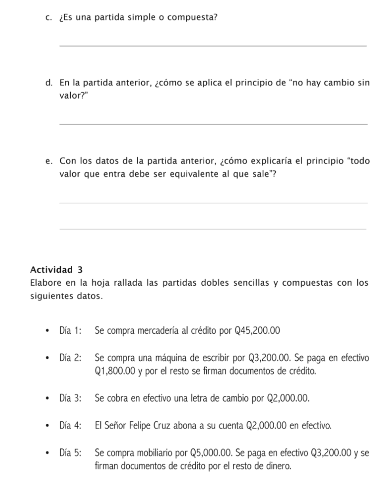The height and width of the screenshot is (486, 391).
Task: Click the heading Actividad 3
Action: (x=56, y=270)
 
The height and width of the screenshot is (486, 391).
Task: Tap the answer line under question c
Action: (x=213, y=46)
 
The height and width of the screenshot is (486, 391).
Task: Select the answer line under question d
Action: (x=213, y=124)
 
